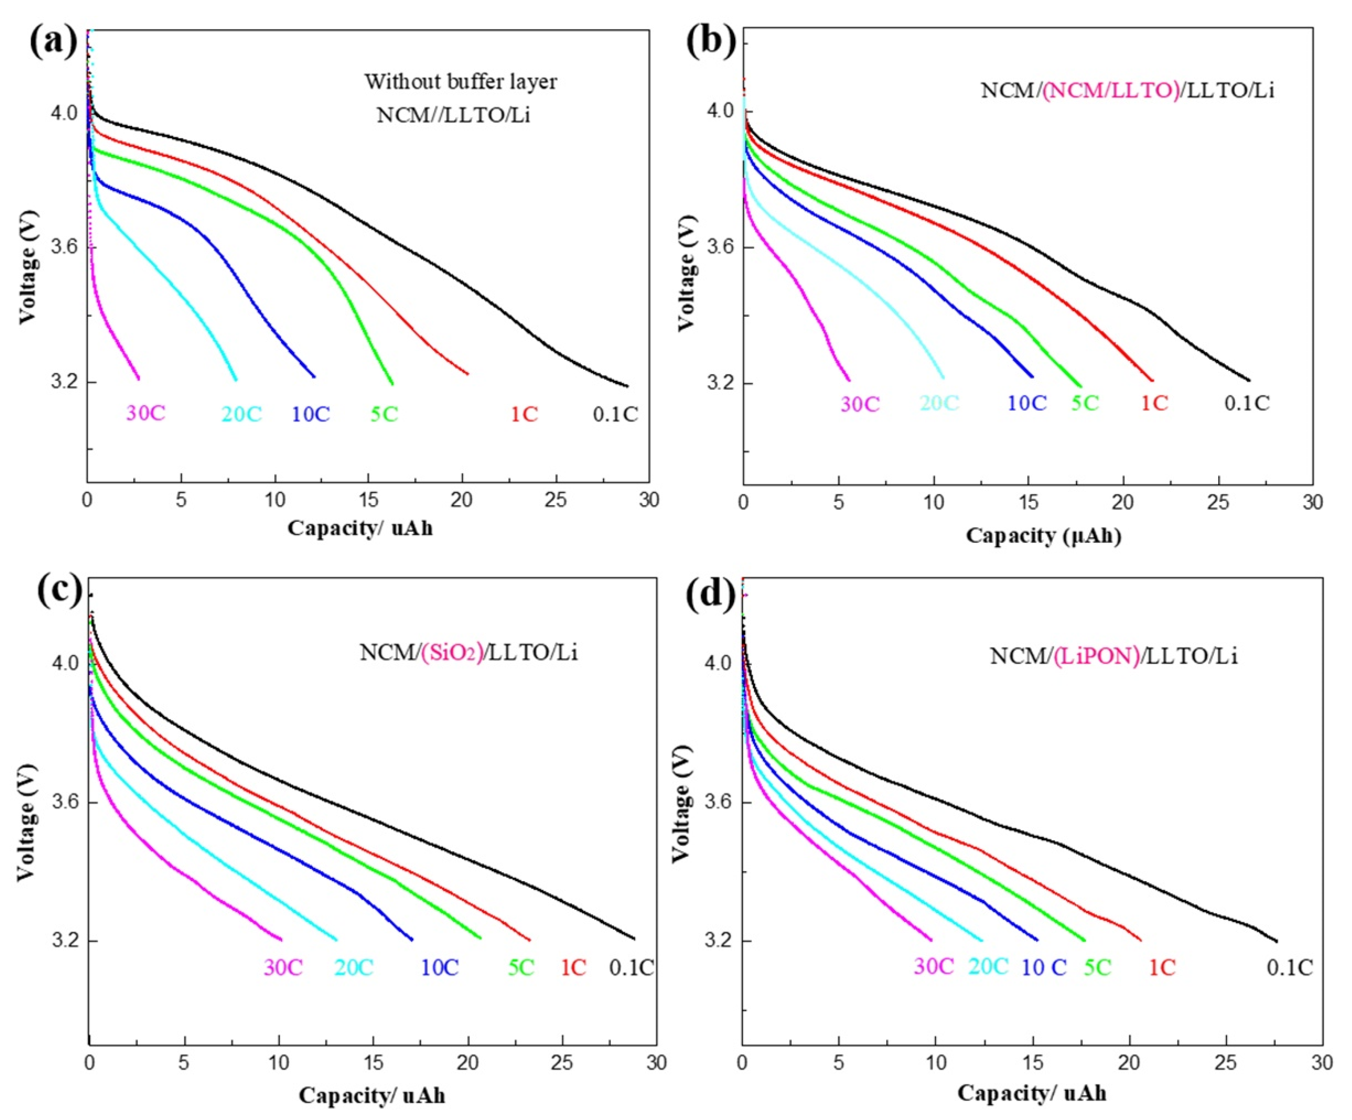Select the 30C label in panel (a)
(146, 413)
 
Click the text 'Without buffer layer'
(461, 82)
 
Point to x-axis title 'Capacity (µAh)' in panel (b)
(1043, 536)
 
